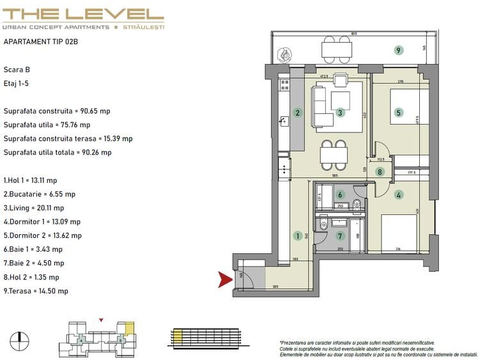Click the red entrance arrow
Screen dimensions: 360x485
click(225, 279)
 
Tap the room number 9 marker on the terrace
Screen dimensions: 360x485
click(398, 50)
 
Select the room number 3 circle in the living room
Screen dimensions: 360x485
click(341, 113)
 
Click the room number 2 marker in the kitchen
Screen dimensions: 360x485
click(297, 113)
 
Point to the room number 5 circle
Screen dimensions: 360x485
click(399, 113)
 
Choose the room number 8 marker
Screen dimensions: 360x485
click(380, 171)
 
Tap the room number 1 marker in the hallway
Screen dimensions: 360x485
click(297, 236)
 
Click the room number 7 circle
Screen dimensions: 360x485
click(341, 236)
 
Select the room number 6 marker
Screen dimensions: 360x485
click(341, 195)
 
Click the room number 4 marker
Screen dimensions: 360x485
click(399, 195)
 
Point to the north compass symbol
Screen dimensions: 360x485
click(20, 341)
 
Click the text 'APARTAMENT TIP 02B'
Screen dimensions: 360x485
click(41, 42)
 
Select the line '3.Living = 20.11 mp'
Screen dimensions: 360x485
click(33, 208)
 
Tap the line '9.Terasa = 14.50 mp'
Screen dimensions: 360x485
click(36, 291)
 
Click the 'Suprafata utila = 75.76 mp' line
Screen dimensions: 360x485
click(47, 125)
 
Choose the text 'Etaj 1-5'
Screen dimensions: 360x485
click(17, 83)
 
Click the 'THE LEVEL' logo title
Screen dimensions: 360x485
click(83, 13)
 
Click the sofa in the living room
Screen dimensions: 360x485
click(323, 106)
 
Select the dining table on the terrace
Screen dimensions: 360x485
click(336, 49)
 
